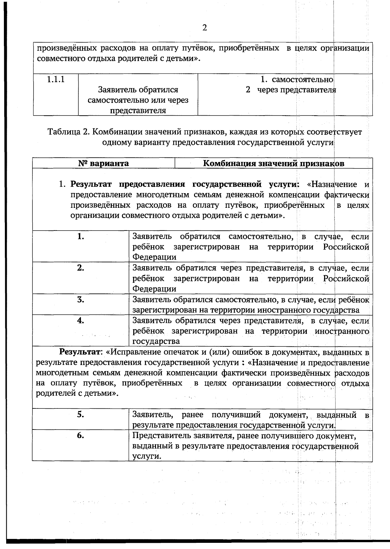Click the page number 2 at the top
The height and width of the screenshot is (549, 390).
coord(204,28)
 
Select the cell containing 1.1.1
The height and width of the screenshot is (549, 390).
coord(56,79)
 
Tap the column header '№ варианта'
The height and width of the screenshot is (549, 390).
coord(103,163)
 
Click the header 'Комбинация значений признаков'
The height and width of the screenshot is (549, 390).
coord(273,163)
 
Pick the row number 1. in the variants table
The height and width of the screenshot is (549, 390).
coord(81,236)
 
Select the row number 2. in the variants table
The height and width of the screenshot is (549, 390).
coord(81,268)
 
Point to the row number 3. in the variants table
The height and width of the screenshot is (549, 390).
coord(81,299)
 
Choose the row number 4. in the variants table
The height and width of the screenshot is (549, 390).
coord(81,320)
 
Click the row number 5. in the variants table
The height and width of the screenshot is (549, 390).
coord(81,414)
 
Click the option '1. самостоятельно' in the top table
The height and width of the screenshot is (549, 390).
coord(297,80)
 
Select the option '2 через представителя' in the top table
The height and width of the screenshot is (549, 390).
coord(291,90)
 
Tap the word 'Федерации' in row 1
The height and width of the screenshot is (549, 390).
coord(154,257)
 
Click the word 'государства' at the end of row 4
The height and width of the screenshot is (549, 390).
coord(156,342)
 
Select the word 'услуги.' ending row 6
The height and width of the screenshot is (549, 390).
coord(147,456)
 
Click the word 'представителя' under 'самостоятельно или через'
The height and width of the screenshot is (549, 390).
coord(138,111)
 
